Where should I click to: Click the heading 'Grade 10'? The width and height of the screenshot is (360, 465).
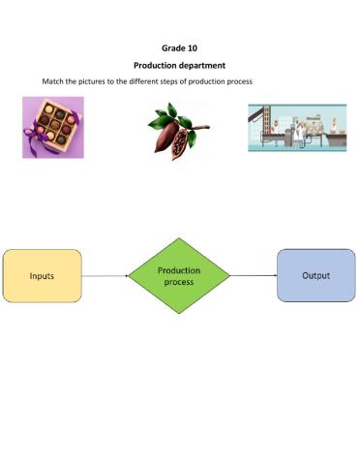click(179, 46)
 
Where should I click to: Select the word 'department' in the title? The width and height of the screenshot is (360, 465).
click(204, 65)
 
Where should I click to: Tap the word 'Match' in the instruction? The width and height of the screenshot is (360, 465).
click(53, 80)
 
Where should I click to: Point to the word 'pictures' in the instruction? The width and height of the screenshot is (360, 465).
click(99, 80)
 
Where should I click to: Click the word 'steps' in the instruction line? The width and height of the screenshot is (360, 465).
click(180, 80)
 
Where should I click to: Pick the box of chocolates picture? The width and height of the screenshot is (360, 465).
click(53, 127)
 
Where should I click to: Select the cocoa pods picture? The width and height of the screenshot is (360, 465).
click(178, 131)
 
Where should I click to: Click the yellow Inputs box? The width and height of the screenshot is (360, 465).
click(42, 275)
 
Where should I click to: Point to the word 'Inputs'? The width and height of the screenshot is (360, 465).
click(42, 275)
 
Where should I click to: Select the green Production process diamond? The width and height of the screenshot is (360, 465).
click(179, 275)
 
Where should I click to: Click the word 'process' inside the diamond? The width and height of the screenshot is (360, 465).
click(179, 282)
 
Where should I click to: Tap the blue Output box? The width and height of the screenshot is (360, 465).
click(315, 275)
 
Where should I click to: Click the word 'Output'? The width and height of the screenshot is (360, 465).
click(315, 275)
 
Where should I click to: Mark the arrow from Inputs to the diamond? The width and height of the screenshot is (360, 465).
click(105, 275)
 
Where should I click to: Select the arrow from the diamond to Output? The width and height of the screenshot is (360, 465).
click(254, 275)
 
